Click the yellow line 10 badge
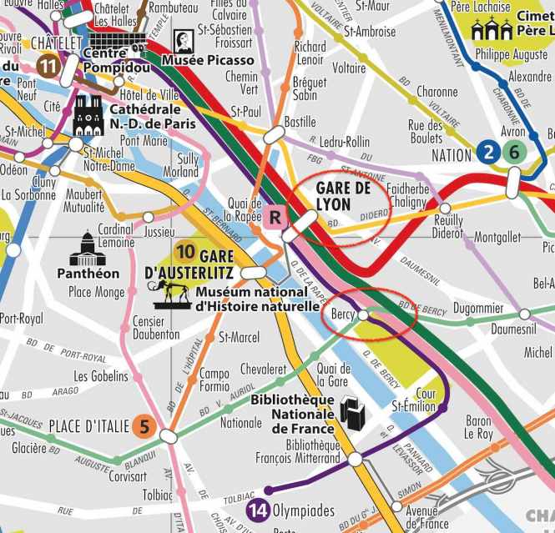[x=185, y=250]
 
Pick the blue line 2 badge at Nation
[x=487, y=152]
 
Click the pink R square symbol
[x=275, y=218]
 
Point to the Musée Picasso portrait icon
[x=183, y=42]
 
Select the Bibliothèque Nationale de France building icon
[x=348, y=411]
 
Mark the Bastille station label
[x=300, y=122]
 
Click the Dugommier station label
[x=478, y=308]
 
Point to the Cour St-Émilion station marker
[x=441, y=407]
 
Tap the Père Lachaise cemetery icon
[x=491, y=30]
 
